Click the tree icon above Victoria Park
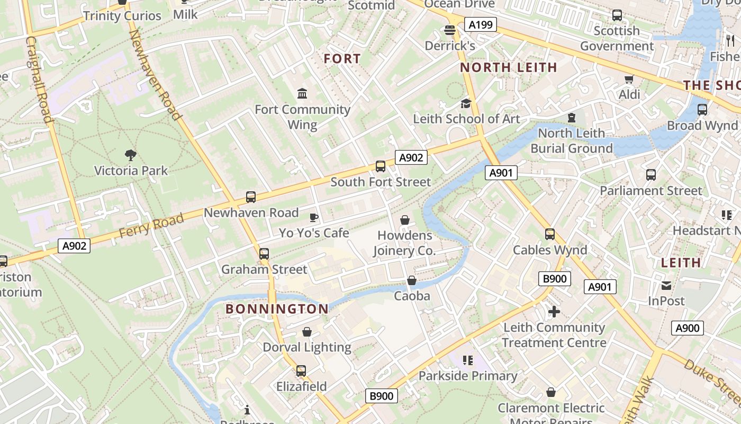(131, 155)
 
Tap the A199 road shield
(481, 24)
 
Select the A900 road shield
(688, 328)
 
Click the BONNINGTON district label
(277, 309)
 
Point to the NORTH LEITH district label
(509, 67)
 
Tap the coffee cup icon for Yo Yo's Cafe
(314, 217)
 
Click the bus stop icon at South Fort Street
(380, 166)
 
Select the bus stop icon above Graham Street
(264, 254)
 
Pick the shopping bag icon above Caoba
(412, 280)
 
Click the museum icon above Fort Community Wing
(302, 94)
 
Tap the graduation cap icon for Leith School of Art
(466, 103)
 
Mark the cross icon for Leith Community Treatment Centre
(554, 312)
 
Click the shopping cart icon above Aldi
(629, 79)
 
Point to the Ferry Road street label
(151, 225)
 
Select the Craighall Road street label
(40, 79)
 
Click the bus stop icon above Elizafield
(301, 371)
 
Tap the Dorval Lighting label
(307, 348)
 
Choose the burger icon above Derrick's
(450, 30)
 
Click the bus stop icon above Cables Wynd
(550, 234)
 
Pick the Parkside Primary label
(468, 376)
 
